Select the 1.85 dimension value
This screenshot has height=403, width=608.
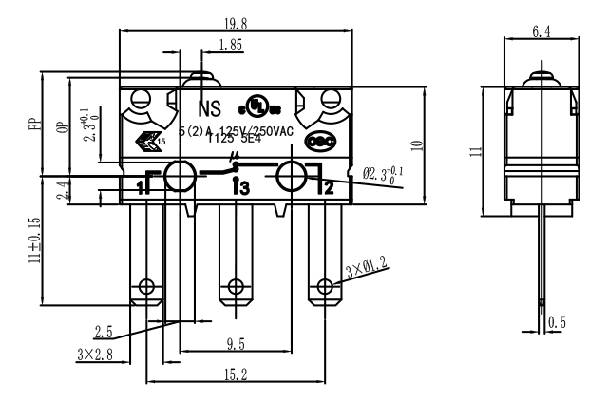coord(229,46)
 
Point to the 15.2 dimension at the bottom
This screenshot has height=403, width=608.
coord(232,376)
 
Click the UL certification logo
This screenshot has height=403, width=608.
coord(256,104)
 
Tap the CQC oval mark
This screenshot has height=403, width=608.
coord(317,142)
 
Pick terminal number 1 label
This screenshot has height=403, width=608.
coord(142,187)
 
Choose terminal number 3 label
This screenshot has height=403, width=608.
coord(240,188)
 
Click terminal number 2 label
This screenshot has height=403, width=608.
coord(328,187)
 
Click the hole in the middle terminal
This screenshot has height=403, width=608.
coord(235,286)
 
